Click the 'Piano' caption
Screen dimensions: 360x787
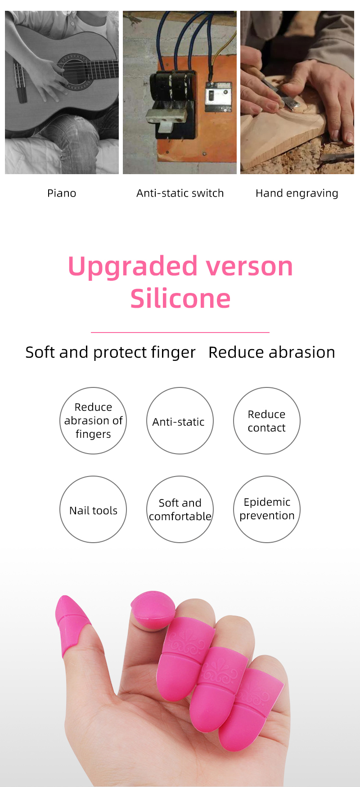(x=62, y=193)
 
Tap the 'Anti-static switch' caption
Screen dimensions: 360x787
(x=180, y=193)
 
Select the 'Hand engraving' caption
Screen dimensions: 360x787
(x=297, y=193)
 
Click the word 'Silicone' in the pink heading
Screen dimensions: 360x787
(x=180, y=298)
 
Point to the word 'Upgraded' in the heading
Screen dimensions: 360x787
(x=133, y=267)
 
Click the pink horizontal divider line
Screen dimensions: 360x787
(x=180, y=332)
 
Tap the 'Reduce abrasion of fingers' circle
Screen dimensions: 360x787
(x=93, y=421)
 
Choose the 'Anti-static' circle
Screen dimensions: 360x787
(x=180, y=421)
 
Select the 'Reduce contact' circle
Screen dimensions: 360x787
(x=267, y=421)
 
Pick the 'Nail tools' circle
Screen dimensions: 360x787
(x=93, y=509)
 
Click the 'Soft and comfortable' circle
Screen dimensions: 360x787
(x=180, y=509)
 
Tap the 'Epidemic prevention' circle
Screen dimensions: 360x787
(x=267, y=509)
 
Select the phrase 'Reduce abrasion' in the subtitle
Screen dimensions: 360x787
(x=272, y=352)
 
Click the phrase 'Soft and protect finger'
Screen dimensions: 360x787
(x=110, y=353)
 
